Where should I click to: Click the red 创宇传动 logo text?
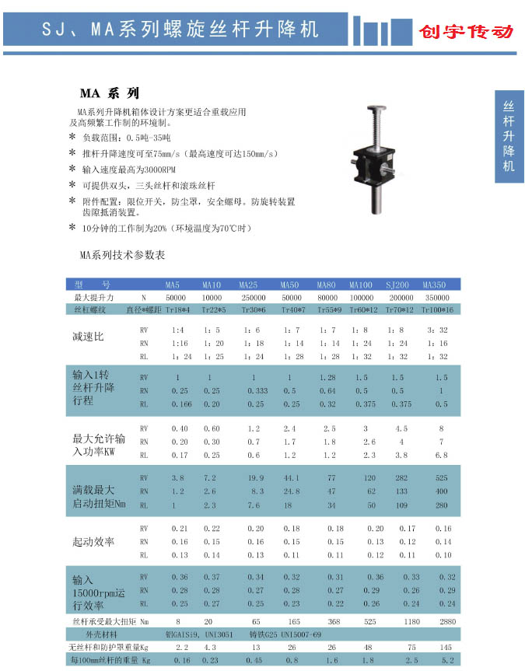466,32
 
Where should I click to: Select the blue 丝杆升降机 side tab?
509,137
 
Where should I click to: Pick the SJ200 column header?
399,284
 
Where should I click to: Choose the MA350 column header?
434,284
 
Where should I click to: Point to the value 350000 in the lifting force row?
438,297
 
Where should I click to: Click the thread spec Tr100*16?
437,309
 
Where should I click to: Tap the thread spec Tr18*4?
177,309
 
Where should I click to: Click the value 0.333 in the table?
257,390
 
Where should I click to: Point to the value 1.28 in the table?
327,377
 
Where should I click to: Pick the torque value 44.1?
291,477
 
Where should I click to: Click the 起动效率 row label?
93,540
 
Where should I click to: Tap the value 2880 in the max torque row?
441,622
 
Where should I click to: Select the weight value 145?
446,647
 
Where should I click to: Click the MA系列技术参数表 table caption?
123,255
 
